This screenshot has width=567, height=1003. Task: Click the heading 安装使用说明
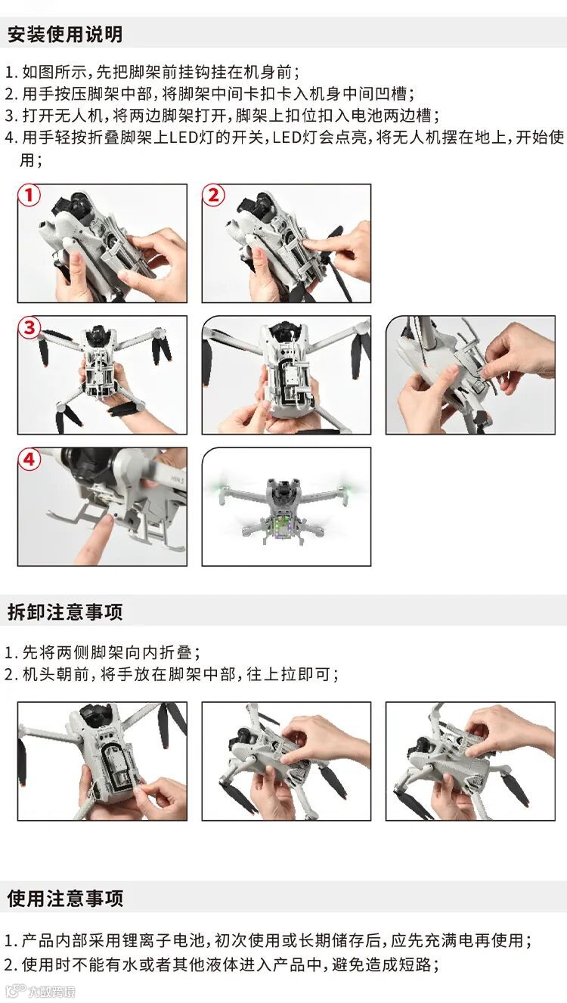coord(65,35)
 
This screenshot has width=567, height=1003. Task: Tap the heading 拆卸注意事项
coord(65,612)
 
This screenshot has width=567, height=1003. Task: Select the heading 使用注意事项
coord(65,898)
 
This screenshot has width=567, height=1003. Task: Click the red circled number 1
coord(29,195)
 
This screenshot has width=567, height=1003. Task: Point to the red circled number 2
coord(214,195)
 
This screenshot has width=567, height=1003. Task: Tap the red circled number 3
coord(29,327)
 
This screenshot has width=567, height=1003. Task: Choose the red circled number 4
coord(29,459)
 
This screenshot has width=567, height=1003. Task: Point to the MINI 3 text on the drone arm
coord(178,480)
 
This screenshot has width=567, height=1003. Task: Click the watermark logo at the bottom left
coord(40,992)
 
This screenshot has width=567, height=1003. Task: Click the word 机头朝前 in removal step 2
coord(55,674)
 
